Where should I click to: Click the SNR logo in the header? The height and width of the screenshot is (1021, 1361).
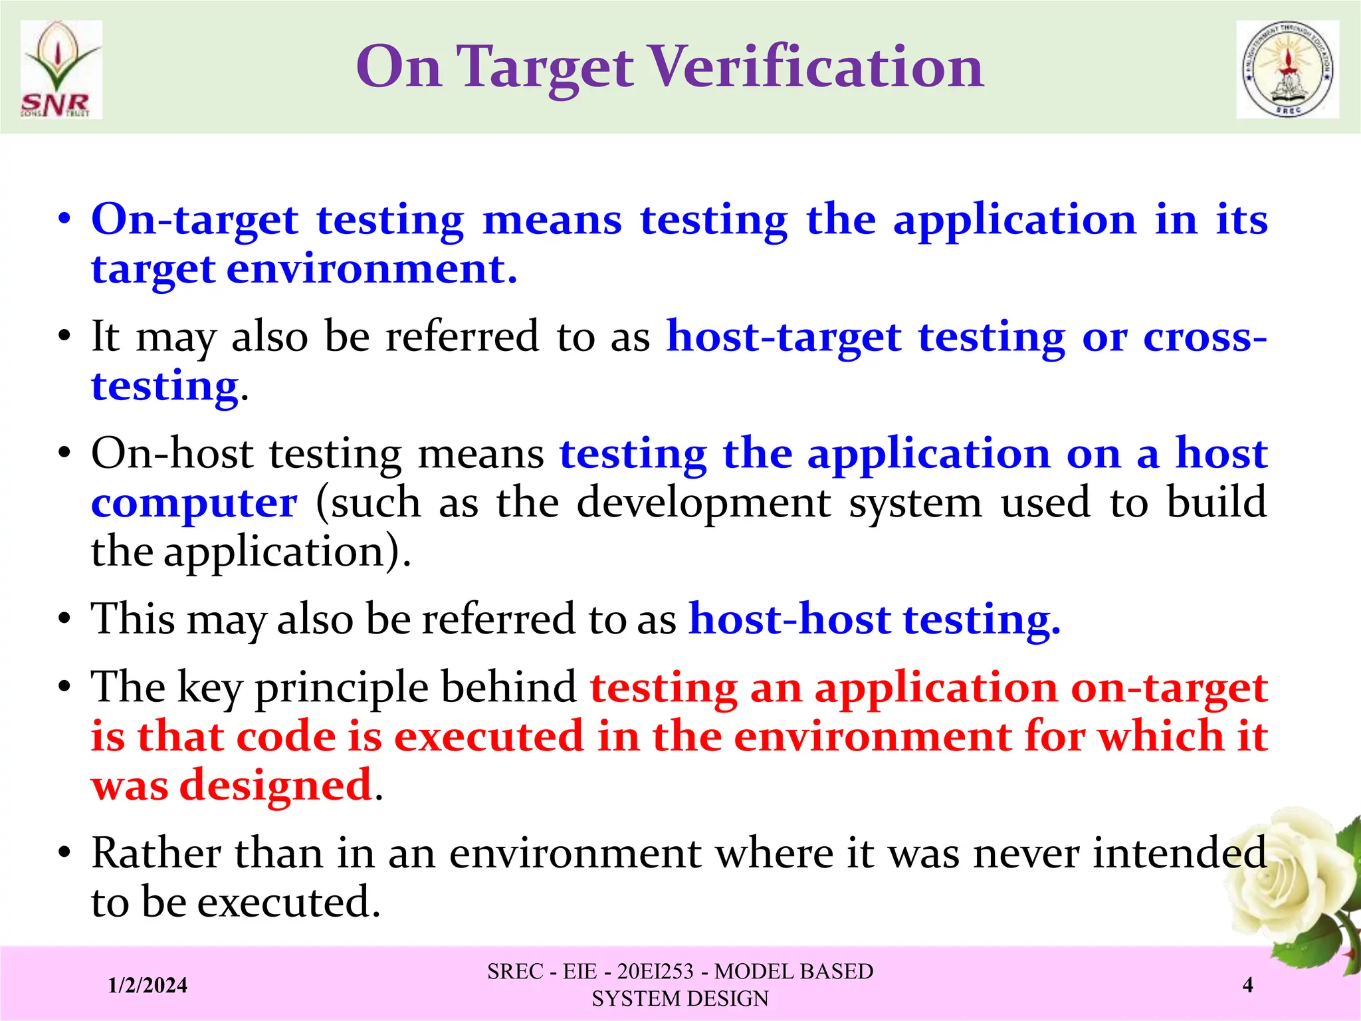point(61,70)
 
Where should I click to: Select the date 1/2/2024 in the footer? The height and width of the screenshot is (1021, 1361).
point(148,984)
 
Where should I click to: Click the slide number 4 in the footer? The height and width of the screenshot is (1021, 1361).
point(1247,984)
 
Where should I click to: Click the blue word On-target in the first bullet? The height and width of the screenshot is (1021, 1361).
point(195,220)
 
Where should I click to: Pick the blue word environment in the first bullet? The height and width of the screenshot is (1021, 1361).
point(371,270)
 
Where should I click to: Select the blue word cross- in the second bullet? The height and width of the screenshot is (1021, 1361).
point(1204,337)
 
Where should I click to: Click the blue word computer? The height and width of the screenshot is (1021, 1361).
point(194,503)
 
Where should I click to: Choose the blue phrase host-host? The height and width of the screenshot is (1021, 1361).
point(789,619)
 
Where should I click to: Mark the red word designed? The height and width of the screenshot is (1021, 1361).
point(276,786)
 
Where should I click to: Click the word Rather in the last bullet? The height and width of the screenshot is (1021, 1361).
point(156,853)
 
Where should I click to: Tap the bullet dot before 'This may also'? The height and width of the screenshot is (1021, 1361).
point(64,620)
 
